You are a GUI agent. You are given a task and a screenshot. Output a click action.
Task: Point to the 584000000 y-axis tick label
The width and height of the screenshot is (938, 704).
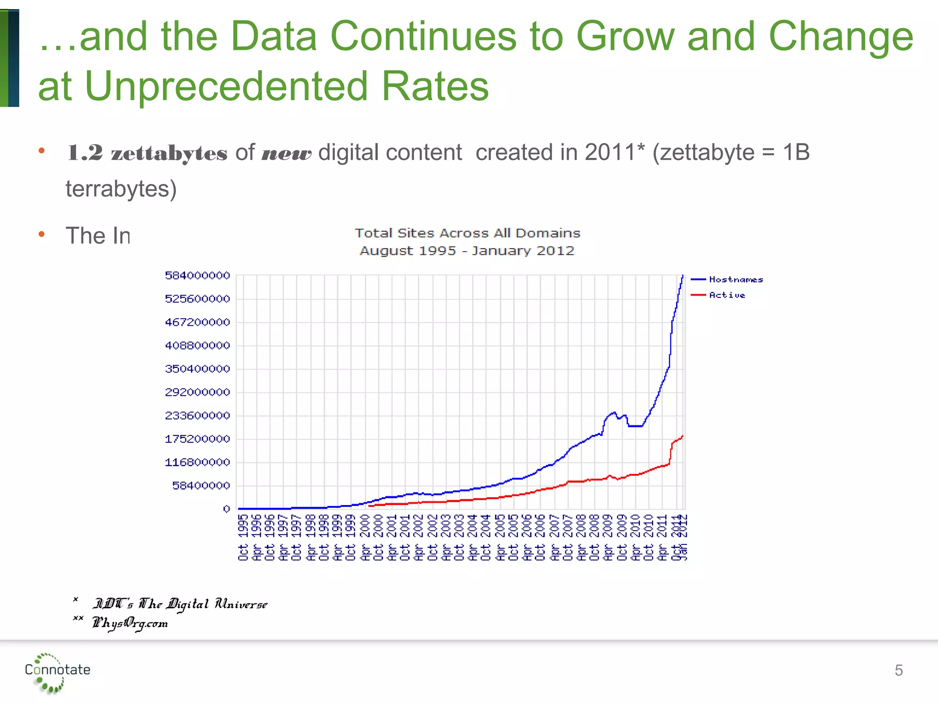point(197,275)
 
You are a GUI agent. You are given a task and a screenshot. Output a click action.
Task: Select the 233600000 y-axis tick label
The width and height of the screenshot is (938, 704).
point(197,416)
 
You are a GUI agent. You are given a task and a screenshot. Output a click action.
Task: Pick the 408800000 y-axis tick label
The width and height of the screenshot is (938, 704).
point(197,346)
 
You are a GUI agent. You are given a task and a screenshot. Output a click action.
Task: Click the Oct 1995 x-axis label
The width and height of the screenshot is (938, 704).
point(243,537)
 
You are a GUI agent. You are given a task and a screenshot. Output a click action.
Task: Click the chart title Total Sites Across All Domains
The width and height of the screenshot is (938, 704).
point(467,233)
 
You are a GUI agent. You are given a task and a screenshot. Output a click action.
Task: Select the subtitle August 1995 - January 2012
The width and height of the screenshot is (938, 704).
point(467,251)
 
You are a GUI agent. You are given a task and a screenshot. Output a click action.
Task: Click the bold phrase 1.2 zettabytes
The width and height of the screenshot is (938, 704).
point(147,153)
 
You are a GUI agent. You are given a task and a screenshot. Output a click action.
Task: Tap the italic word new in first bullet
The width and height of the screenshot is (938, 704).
point(286,153)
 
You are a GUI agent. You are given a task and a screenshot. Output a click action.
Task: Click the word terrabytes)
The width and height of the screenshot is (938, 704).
point(121,189)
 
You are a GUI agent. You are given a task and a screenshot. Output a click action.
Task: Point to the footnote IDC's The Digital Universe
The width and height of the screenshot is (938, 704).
point(180,604)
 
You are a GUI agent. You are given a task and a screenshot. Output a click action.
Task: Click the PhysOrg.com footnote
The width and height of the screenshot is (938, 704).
point(130,623)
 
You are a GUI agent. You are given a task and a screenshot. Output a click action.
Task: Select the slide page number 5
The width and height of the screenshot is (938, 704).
point(899,671)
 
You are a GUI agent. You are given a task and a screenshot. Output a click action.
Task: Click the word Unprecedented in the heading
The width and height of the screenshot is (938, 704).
point(226,86)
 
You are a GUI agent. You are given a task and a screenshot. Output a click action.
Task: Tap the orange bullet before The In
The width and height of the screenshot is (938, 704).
point(42,234)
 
